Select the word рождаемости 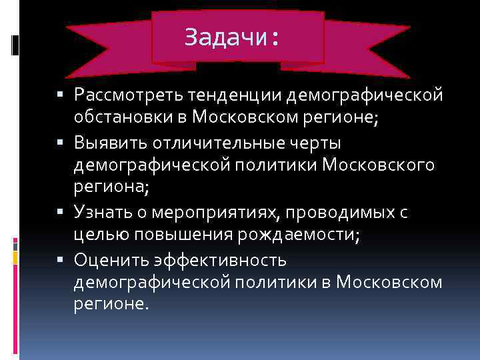[286, 235]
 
